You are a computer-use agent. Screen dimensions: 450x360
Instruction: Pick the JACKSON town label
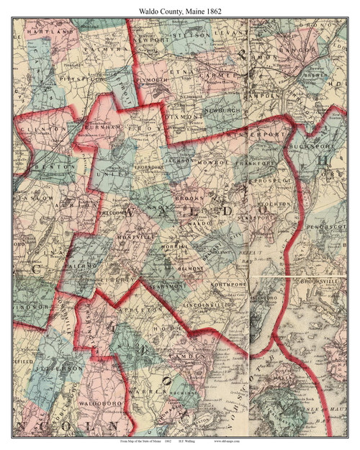tap(176, 161)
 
